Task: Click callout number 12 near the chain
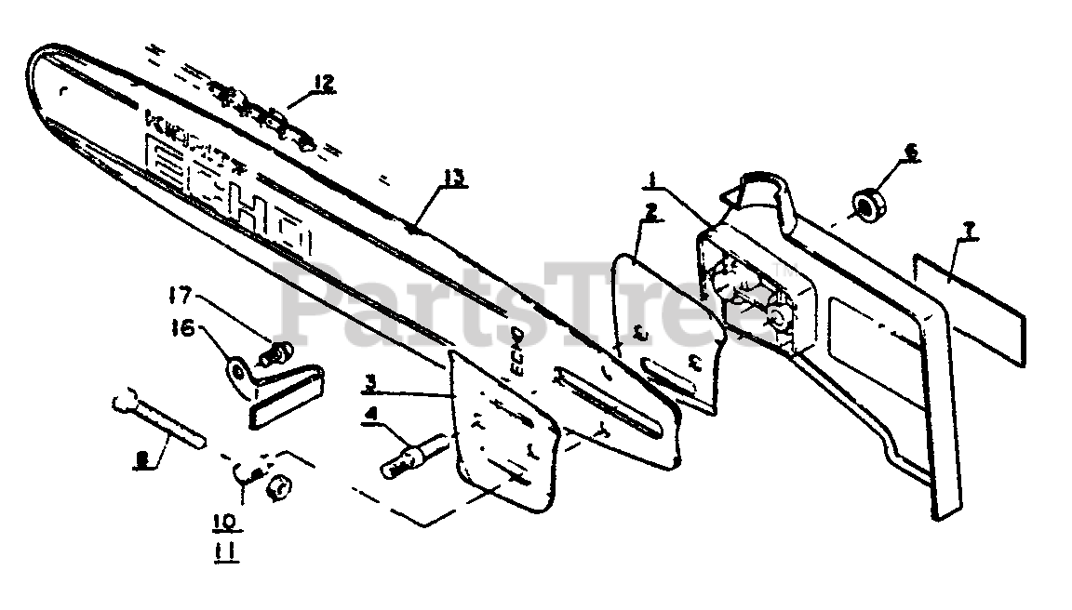click(x=323, y=83)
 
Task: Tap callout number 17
click(x=180, y=299)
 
